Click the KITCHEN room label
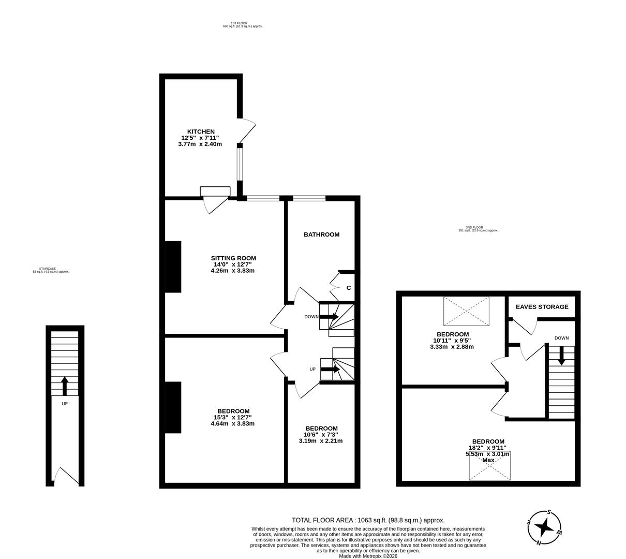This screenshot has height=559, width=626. (200, 131)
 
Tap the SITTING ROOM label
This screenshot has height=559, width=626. (233, 258)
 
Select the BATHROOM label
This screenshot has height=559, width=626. (321, 234)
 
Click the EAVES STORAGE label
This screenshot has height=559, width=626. (542, 307)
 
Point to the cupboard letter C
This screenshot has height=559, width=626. (349, 288)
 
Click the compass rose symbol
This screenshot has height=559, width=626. (544, 527)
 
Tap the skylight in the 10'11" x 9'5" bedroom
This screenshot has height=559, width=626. (466, 311)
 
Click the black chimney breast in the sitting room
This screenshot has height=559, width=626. (173, 267)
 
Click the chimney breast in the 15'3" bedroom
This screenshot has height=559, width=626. (173, 407)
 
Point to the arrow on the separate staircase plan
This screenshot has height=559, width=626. (65, 386)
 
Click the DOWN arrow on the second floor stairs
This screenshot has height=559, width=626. (561, 355)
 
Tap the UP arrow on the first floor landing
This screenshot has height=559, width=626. (330, 369)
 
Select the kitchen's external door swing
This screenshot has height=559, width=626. (247, 130)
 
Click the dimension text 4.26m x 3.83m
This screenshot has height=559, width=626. (233, 270)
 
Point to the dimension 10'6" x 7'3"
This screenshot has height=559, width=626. (321, 435)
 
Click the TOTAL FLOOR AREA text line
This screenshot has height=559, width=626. (368, 520)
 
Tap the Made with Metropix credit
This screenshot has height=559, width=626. (368, 556)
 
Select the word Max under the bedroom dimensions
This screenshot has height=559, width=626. (488, 460)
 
